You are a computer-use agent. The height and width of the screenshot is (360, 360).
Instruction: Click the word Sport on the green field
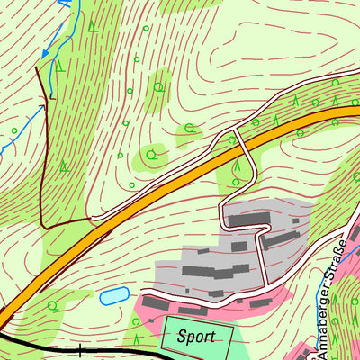[197, 338]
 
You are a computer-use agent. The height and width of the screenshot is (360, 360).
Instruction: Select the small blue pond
[113, 295]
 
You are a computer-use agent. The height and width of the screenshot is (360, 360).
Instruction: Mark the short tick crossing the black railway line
[80, 350]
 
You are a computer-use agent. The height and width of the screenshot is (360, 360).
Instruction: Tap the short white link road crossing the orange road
[236, 139]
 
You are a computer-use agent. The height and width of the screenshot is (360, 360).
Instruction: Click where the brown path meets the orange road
[92, 219]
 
